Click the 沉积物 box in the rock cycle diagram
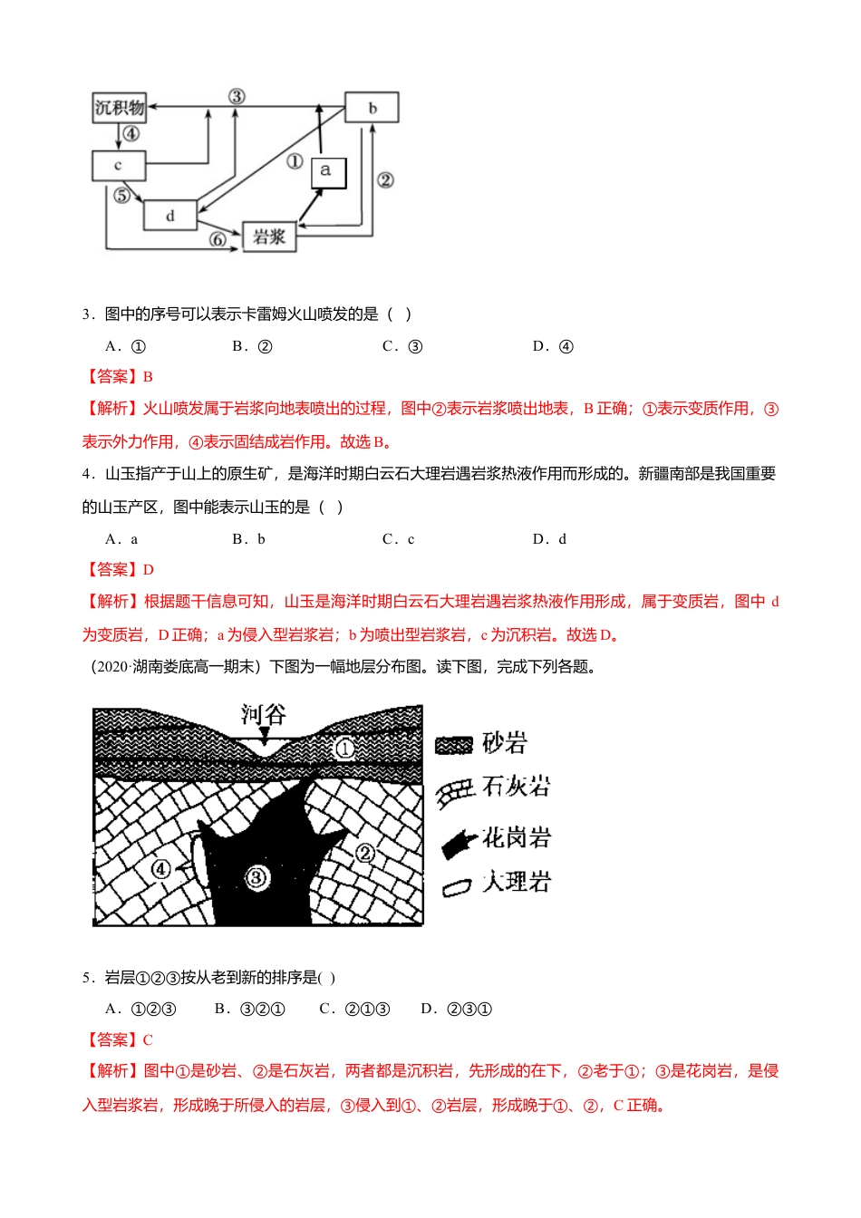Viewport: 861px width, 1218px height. [119, 108]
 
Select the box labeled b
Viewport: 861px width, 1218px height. [372, 108]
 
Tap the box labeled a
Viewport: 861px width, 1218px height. [327, 170]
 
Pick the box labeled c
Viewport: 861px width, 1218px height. [118, 166]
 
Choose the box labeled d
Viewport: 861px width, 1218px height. [169, 216]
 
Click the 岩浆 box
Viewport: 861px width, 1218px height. [269, 237]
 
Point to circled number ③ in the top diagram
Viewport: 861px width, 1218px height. [237, 96]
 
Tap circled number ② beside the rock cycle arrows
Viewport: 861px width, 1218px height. [385, 179]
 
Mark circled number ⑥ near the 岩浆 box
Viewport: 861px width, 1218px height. [218, 239]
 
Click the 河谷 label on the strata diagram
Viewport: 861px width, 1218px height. [263, 715]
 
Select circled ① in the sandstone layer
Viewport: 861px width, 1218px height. [344, 749]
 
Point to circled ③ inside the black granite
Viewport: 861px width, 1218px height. [256, 876]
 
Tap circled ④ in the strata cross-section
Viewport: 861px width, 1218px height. [160, 869]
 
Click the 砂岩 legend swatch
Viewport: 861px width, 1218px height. [454, 745]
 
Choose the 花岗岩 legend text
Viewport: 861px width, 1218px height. [517, 837]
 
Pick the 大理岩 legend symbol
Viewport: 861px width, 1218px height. [457, 886]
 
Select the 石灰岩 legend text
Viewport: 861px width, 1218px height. [517, 786]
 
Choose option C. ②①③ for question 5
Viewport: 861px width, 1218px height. [354, 1009]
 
